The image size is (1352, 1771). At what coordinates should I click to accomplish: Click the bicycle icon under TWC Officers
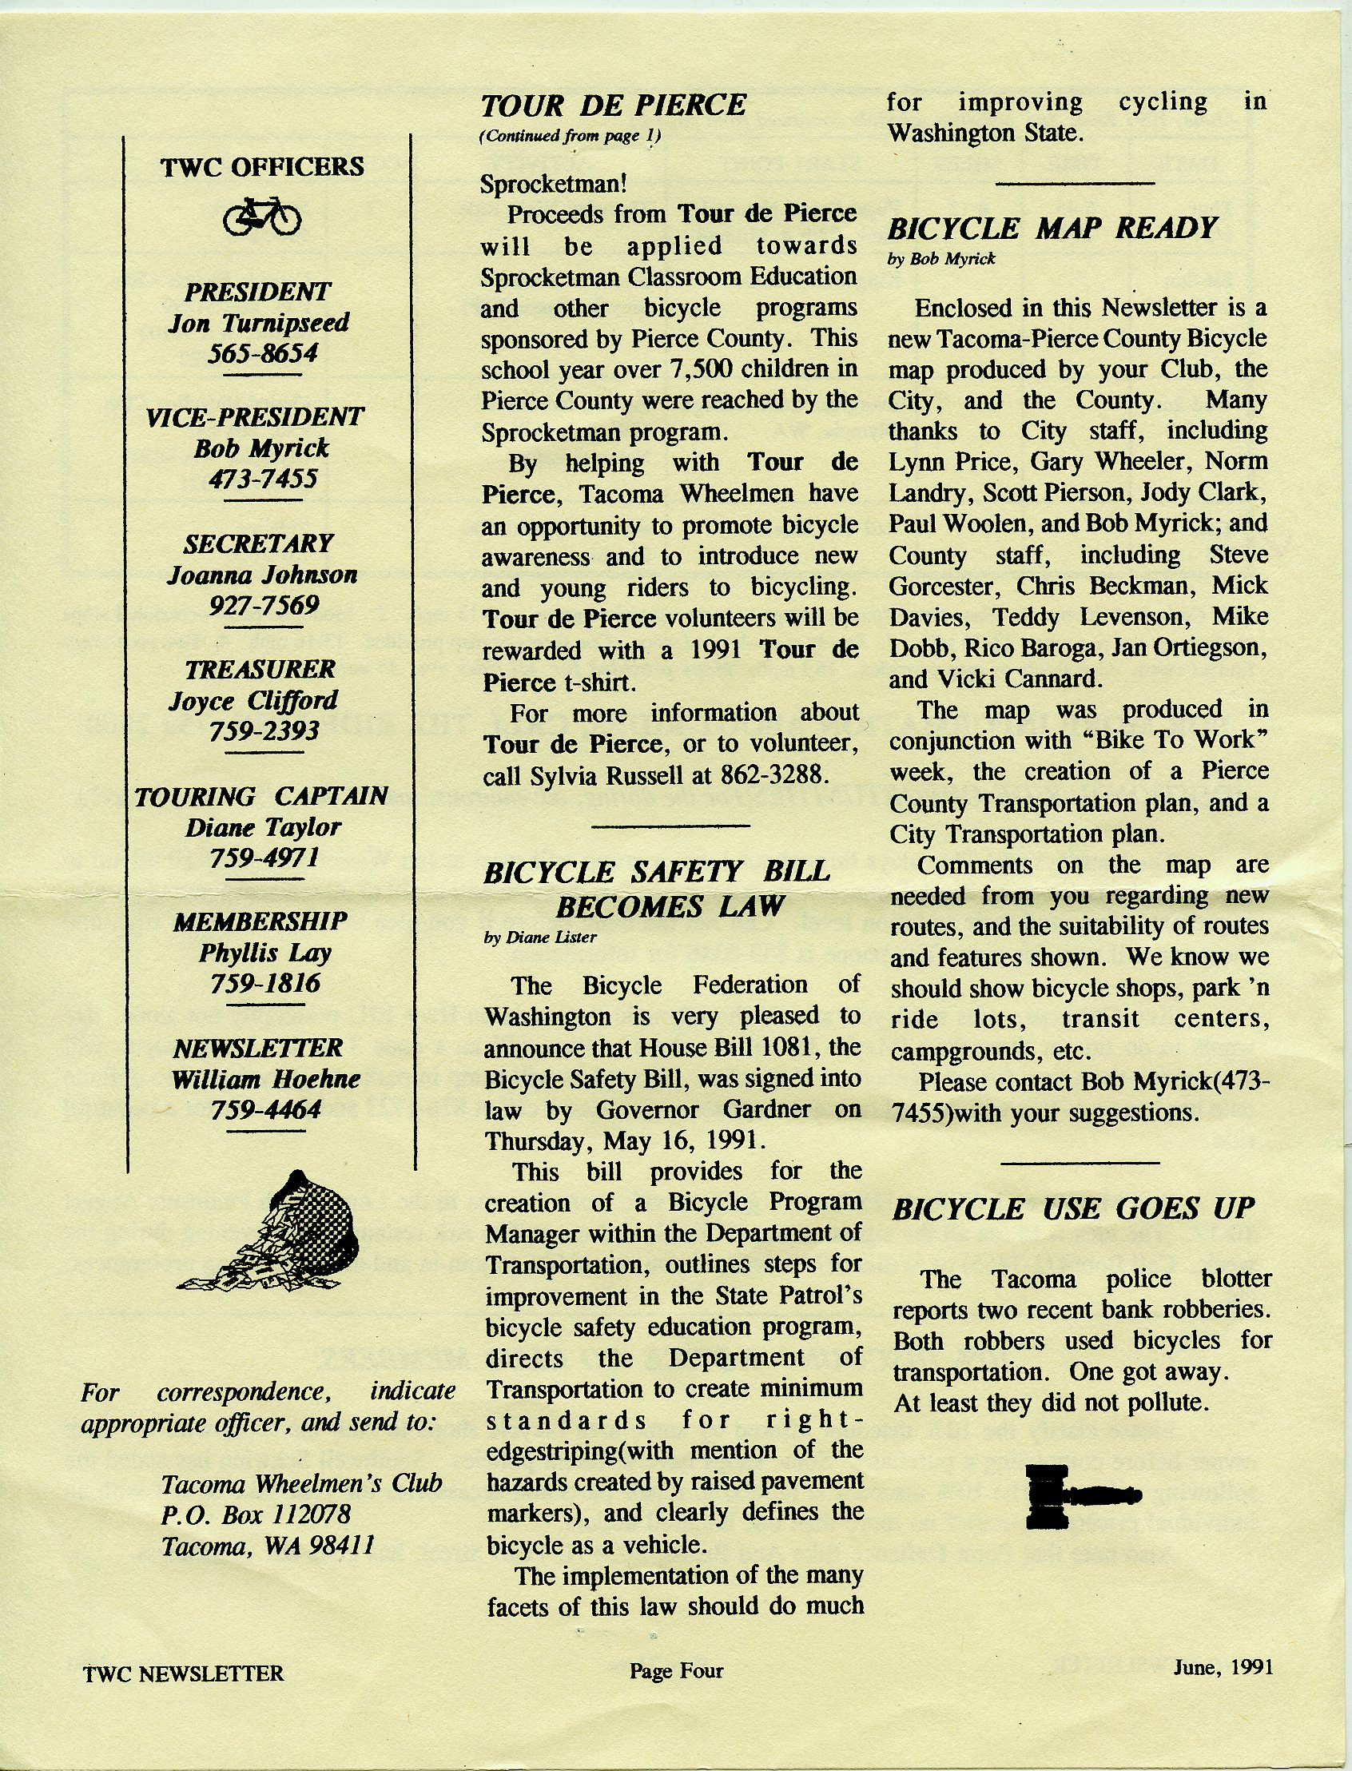click(262, 217)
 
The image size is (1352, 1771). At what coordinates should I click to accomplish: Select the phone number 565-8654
click(262, 353)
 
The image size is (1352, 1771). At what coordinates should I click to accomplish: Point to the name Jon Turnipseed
click(258, 323)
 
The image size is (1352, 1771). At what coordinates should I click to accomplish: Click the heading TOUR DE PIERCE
click(613, 105)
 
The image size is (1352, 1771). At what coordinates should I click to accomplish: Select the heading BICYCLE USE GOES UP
click(1074, 1208)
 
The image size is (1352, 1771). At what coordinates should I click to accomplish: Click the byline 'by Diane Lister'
click(540, 937)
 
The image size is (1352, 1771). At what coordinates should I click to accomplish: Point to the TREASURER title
click(260, 669)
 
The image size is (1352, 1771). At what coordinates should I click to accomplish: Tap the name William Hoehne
click(265, 1079)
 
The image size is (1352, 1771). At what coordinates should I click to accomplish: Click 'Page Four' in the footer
click(676, 1671)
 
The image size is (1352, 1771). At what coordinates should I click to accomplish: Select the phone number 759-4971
click(264, 858)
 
